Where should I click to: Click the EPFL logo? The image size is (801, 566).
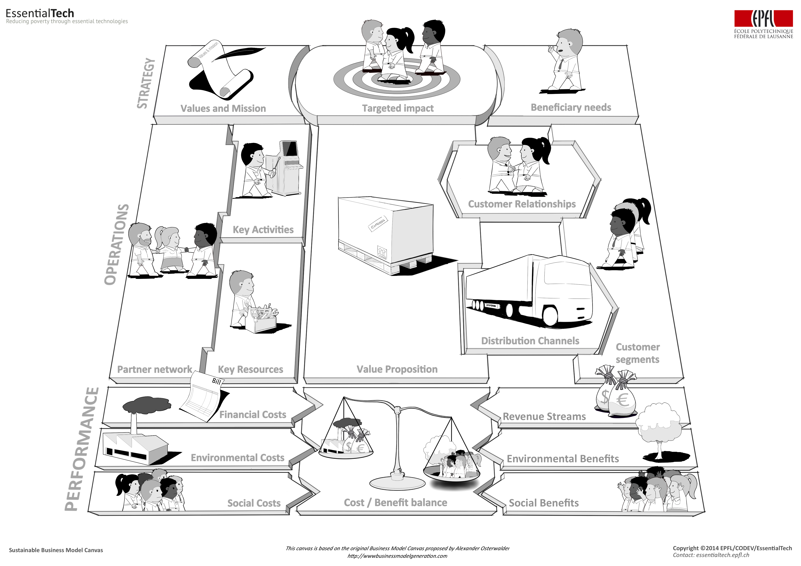click(x=763, y=24)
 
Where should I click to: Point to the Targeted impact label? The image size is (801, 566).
click(x=398, y=108)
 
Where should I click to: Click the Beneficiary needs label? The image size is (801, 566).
click(x=571, y=107)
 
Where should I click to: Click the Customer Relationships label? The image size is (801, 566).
click(x=522, y=204)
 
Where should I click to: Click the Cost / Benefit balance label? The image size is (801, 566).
click(x=395, y=503)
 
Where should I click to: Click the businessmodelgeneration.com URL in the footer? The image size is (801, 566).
click(x=397, y=556)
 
